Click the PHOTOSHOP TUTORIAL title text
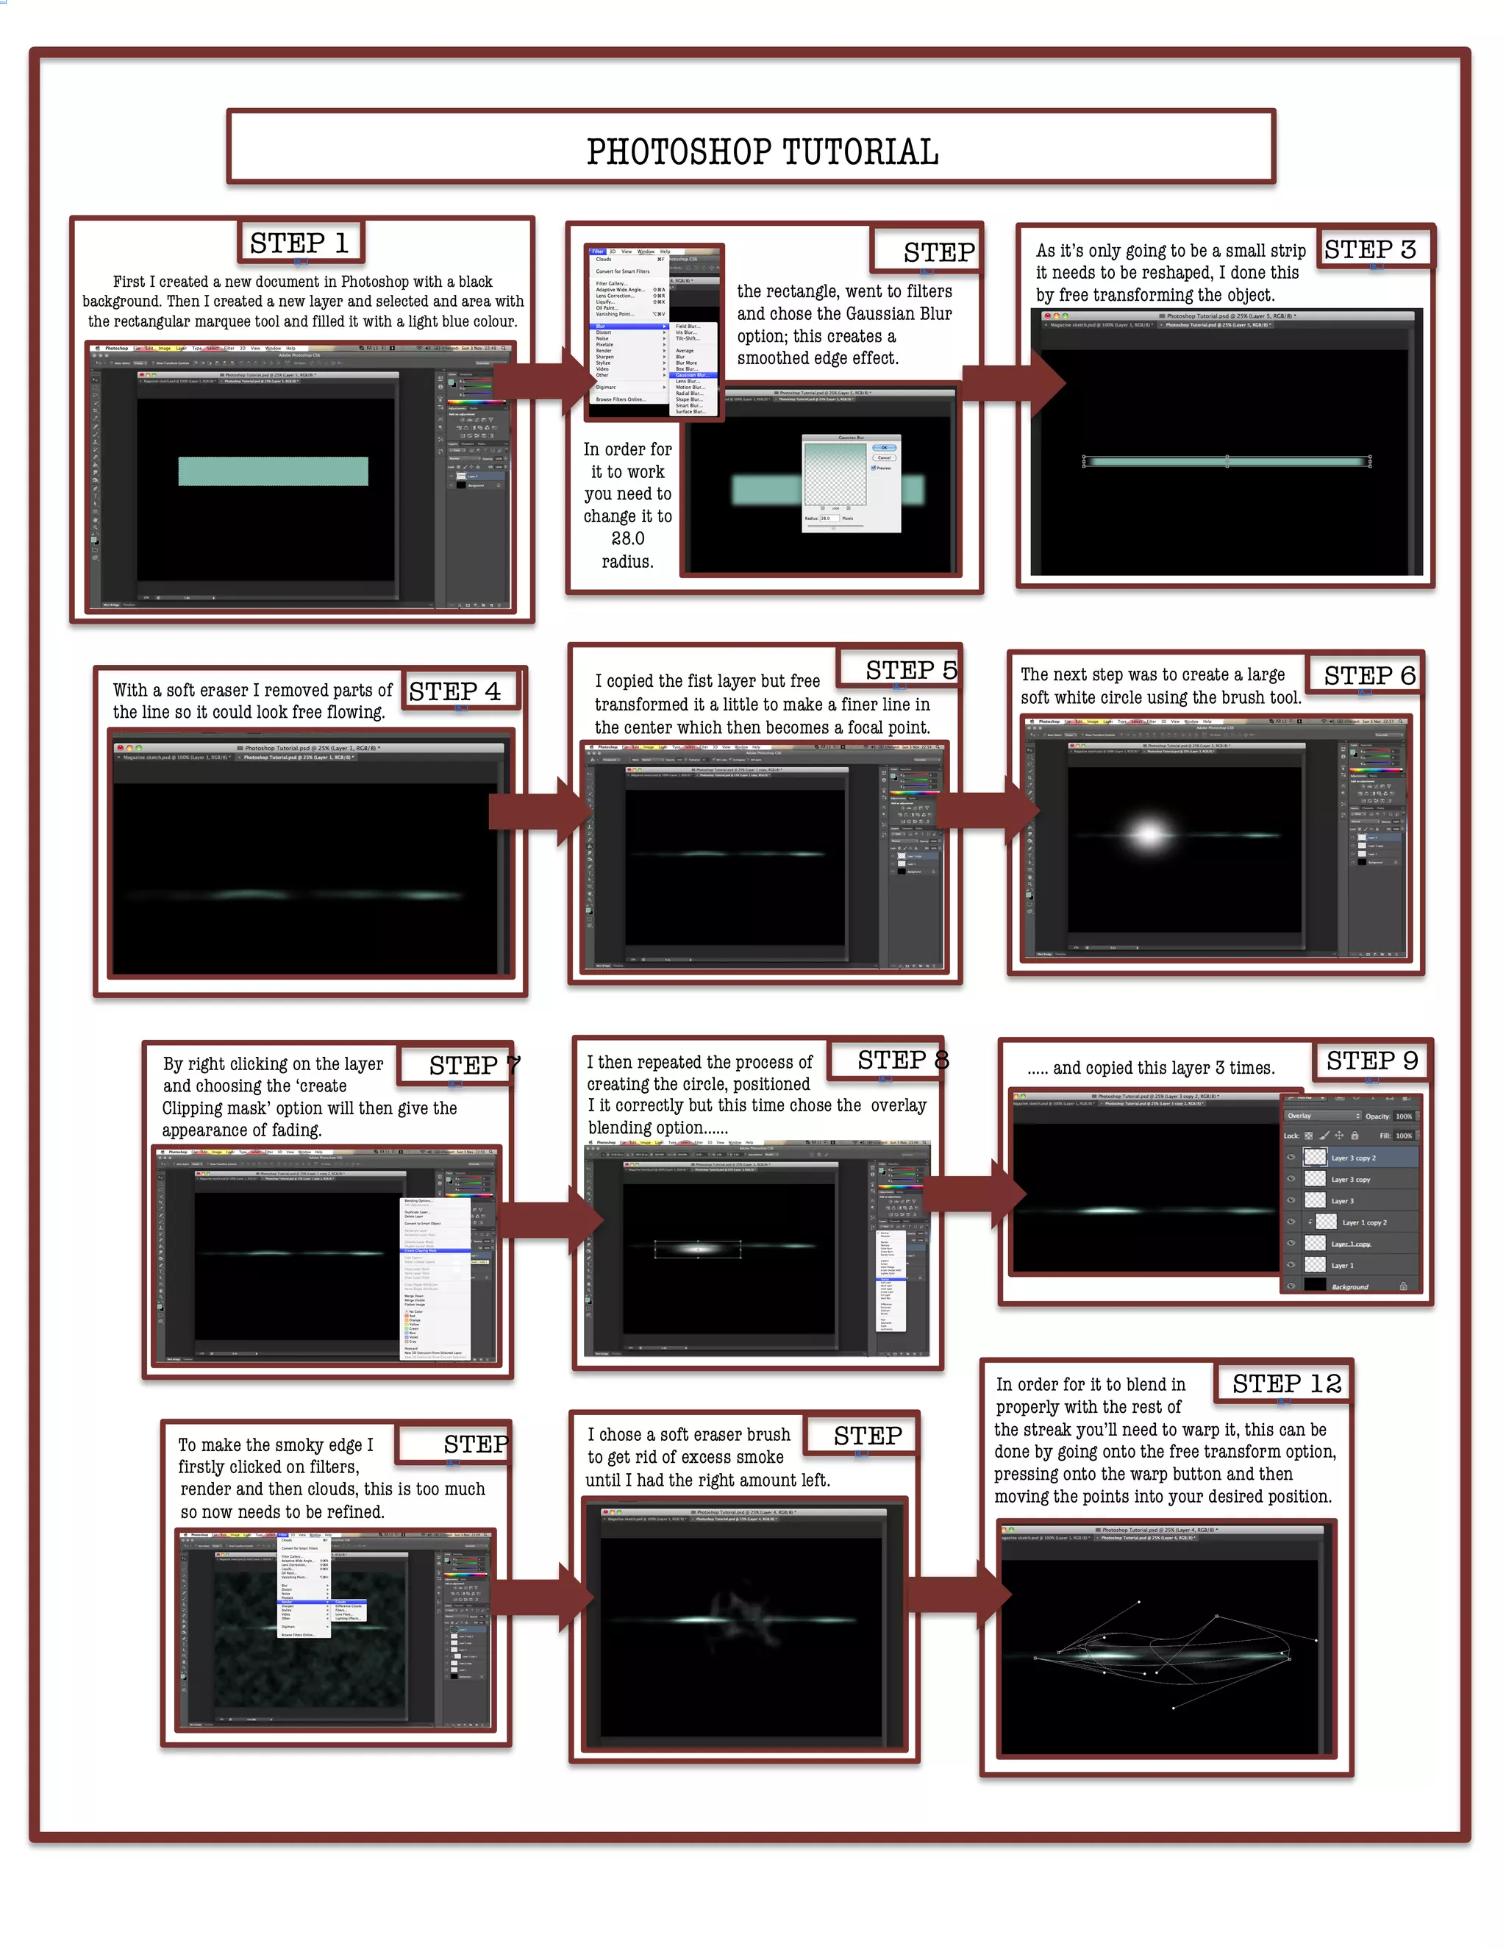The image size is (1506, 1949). tap(762, 152)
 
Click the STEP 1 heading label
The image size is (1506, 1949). tap(299, 243)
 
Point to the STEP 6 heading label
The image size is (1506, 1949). tap(1369, 676)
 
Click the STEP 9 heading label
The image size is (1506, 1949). tap(1371, 1061)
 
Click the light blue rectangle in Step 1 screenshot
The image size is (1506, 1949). tap(273, 471)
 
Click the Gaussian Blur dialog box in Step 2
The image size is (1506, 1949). tap(850, 482)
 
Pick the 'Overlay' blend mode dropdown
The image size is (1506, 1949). tap(1323, 1116)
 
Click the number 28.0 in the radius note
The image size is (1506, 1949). tap(627, 539)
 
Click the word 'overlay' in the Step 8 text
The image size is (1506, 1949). tap(899, 1105)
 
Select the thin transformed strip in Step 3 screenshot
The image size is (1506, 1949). tap(1227, 461)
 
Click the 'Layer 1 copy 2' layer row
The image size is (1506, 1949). tap(1364, 1222)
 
